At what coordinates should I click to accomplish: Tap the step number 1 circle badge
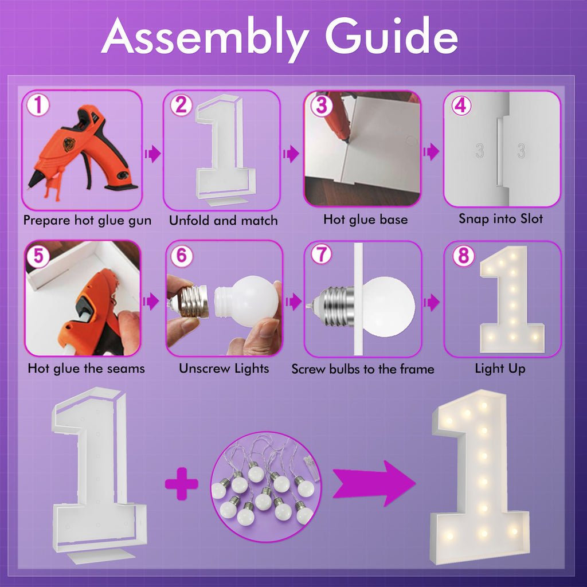(x=38, y=106)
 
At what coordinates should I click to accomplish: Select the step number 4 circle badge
(x=461, y=106)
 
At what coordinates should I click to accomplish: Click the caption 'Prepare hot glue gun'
(x=87, y=220)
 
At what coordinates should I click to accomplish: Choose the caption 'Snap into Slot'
(x=500, y=219)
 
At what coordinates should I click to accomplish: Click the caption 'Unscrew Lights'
(x=224, y=369)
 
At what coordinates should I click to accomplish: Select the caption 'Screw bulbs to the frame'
(x=362, y=369)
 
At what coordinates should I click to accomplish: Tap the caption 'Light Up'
(x=500, y=369)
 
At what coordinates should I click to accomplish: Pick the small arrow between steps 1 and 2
(x=152, y=154)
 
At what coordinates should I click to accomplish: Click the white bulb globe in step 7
(x=390, y=307)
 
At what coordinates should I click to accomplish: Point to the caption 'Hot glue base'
(x=365, y=220)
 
